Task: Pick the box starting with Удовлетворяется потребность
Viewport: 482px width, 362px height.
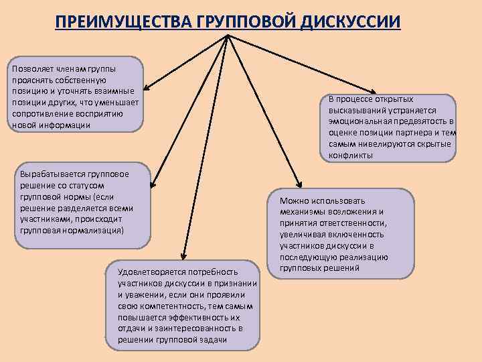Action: point(182,306)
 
